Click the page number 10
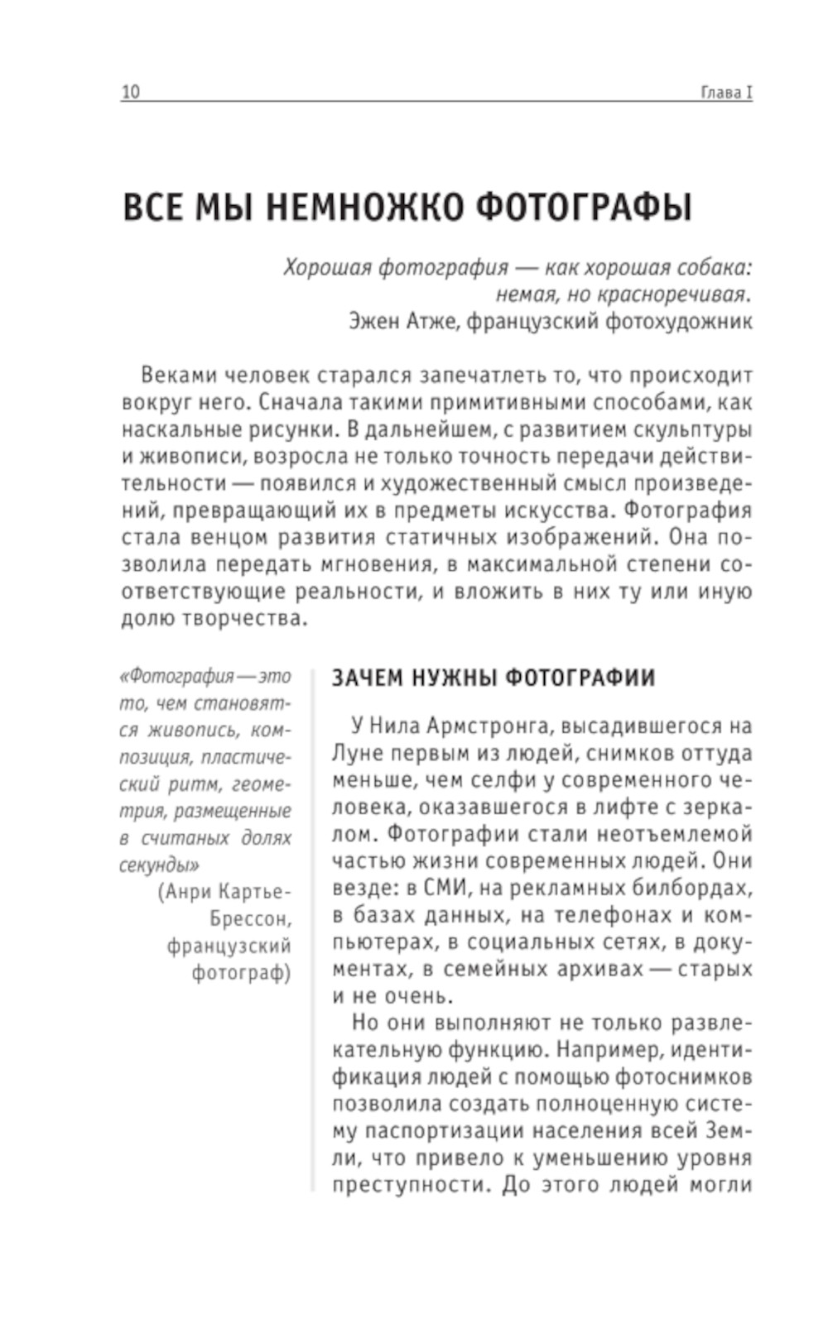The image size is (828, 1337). point(131,92)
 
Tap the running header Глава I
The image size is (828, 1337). point(726,92)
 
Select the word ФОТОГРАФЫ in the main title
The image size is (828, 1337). point(585,208)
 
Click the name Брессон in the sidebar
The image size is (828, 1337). point(250,919)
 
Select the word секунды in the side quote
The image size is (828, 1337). point(160,865)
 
